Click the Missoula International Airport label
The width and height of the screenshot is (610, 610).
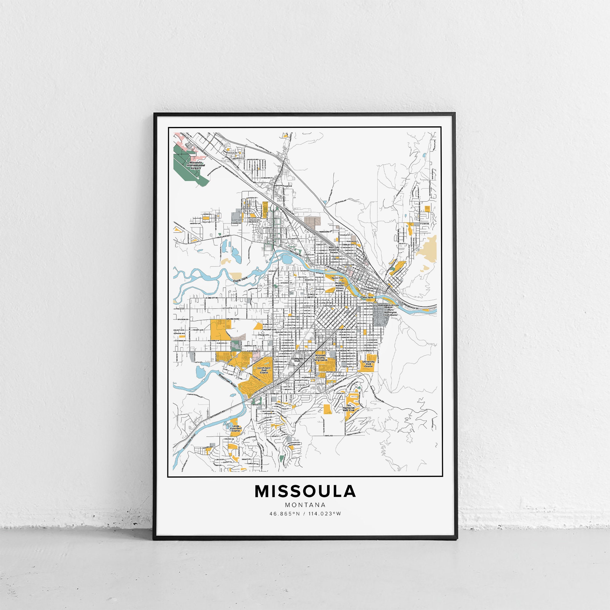coord(195,165)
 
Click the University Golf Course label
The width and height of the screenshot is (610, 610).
coord(368,364)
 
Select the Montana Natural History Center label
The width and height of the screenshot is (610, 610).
coord(339,287)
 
